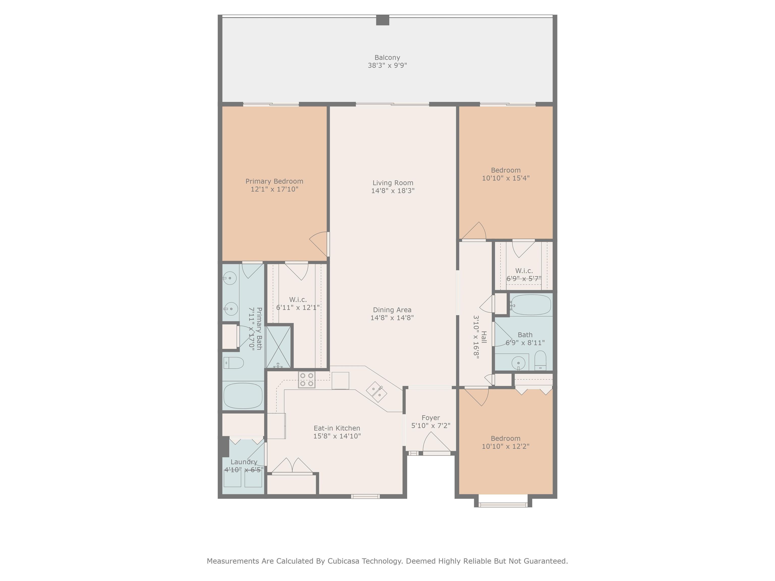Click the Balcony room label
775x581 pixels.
pos(387,57)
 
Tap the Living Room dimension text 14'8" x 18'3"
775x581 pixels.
pos(393,191)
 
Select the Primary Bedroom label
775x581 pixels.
pos(274,181)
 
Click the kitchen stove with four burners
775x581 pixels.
pos(307,380)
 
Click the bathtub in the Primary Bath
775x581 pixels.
pos(243,396)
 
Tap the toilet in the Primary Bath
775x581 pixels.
pos(233,363)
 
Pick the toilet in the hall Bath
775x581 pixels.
pos(541,360)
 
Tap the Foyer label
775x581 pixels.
pos(431,418)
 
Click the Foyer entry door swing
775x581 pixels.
pos(436,442)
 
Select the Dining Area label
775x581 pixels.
pos(392,310)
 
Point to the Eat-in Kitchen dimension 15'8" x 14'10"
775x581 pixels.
pos(337,436)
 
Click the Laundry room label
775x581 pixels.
pos(244,462)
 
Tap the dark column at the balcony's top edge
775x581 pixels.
pos(383,20)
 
